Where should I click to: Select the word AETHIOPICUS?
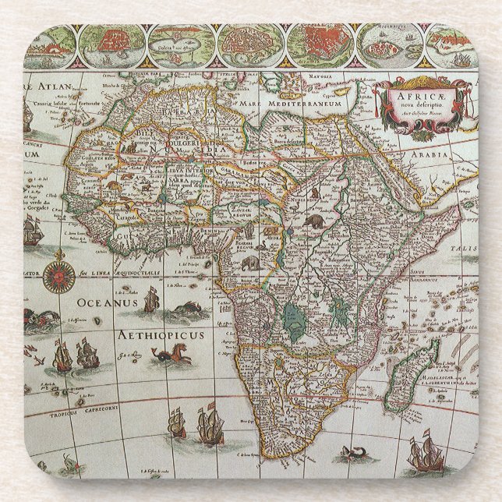point(161,335)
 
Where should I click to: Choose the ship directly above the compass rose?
point(32,230)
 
